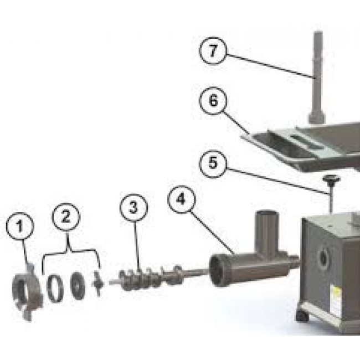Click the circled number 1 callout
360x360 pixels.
pyautogui.click(x=20, y=226)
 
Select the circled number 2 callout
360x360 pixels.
pyautogui.click(x=66, y=217)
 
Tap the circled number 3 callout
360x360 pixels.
pyautogui.click(x=133, y=208)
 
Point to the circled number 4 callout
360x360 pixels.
pyautogui.click(x=181, y=199)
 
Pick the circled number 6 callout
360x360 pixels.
pyautogui.click(x=213, y=100)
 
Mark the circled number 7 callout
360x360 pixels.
pyautogui.click(x=213, y=50)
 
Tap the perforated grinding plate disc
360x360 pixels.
pyautogui.click(x=78, y=286)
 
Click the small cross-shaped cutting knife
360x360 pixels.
pyautogui.click(x=98, y=284)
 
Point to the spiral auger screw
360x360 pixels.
pyautogui.click(x=152, y=277)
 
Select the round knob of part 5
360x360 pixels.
pyautogui.click(x=331, y=179)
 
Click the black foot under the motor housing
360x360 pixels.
pyautogui.click(x=302, y=316)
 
